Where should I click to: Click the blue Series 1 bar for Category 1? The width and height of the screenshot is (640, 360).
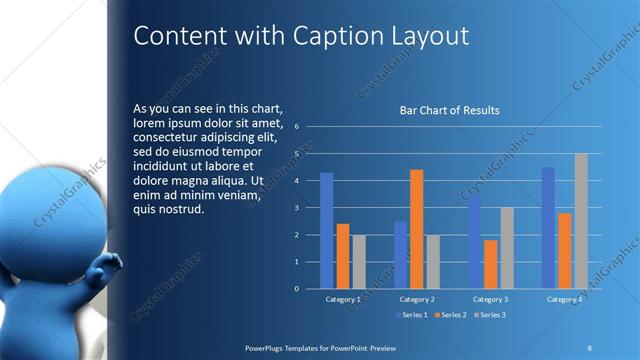click(x=326, y=230)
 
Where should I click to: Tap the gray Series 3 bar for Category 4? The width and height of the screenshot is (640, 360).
click(x=581, y=221)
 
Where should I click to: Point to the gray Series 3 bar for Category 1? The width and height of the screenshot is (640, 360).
click(x=359, y=262)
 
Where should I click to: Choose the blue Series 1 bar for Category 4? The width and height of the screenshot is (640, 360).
click(x=548, y=228)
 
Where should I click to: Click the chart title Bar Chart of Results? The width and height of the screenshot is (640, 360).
click(x=449, y=110)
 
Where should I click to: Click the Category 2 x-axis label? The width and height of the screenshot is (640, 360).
click(x=416, y=299)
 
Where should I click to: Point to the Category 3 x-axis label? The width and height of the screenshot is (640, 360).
click(x=490, y=299)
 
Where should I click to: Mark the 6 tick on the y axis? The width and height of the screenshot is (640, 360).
click(x=297, y=127)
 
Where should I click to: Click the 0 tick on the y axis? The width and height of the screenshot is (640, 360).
click(x=297, y=289)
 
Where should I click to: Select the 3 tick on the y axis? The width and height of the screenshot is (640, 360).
click(x=297, y=208)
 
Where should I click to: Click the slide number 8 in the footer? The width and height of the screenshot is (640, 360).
click(x=590, y=347)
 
